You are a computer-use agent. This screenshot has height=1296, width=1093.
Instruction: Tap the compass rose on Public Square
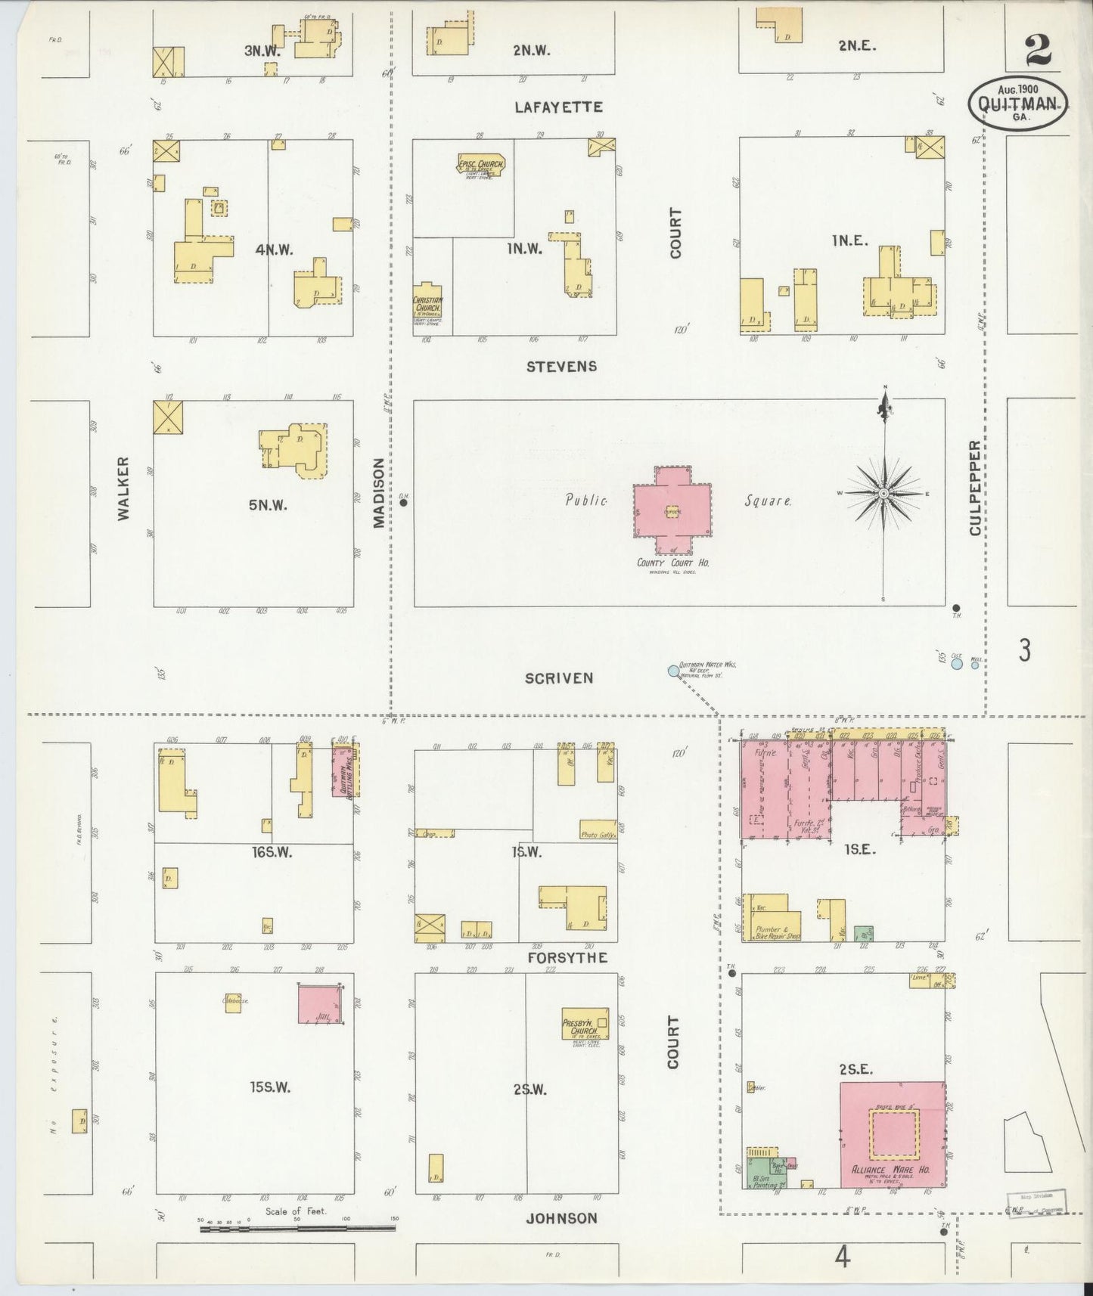(x=883, y=493)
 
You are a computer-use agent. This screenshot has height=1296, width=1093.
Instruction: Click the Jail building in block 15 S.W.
(x=318, y=1004)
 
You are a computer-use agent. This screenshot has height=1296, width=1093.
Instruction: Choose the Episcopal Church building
(x=480, y=165)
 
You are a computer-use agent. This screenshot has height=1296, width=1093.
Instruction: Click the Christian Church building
(x=427, y=308)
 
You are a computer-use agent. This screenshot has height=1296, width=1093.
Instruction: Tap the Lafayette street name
(x=558, y=107)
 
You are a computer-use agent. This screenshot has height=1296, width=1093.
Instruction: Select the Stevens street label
(x=561, y=367)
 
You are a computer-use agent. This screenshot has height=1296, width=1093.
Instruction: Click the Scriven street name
(x=559, y=678)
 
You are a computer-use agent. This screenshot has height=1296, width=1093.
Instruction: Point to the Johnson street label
(x=561, y=1218)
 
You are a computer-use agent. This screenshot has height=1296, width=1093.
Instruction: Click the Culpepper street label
(x=975, y=488)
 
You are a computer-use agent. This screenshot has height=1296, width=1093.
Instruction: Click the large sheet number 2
(x=1038, y=51)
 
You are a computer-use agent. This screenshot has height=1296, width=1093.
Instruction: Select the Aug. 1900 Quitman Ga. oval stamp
(x=1018, y=102)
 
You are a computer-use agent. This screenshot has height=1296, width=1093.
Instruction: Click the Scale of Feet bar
(x=297, y=1229)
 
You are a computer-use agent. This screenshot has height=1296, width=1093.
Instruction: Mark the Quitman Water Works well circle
(x=673, y=670)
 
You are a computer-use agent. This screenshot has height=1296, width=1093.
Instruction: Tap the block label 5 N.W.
(x=268, y=505)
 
